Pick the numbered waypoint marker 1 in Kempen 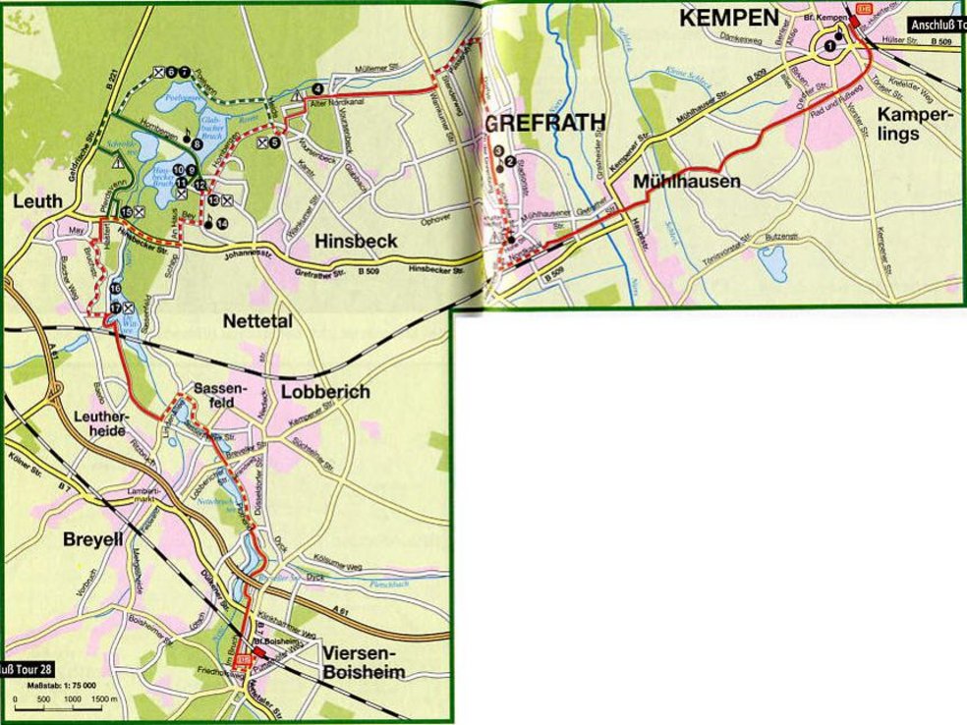pyautogui.click(x=831, y=44)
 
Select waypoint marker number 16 pyautogui.click(x=115, y=289)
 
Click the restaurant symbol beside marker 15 pyautogui.click(x=141, y=211)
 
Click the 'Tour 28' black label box pyautogui.click(x=22, y=670)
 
